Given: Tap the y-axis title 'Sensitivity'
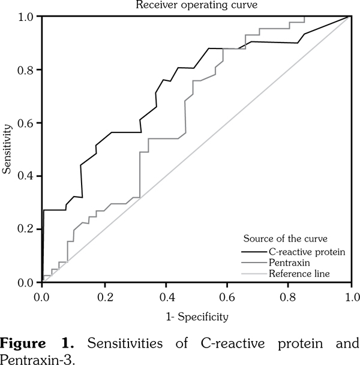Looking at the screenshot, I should (x=7, y=149).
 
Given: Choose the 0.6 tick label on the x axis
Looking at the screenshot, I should (x=227, y=295).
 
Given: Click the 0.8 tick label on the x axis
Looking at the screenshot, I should (x=289, y=295).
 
